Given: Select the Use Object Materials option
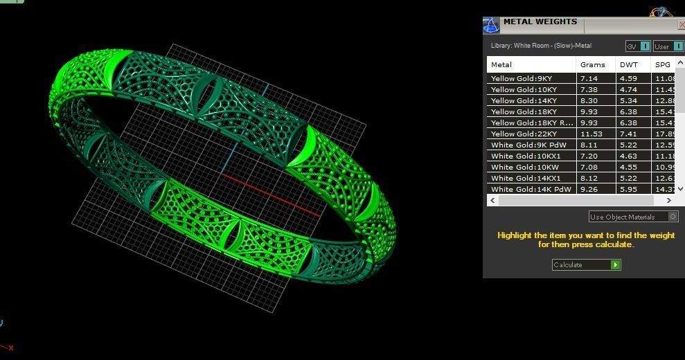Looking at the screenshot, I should [632, 217].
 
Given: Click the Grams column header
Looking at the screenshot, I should [593, 64].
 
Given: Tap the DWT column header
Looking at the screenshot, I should [629, 64].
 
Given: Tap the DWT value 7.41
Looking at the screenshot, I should [629, 134].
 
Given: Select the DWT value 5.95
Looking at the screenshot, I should [629, 189].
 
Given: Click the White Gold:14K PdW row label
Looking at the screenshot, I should [531, 189].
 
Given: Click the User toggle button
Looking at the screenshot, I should [668, 46].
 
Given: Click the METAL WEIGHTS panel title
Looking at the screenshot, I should [540, 21].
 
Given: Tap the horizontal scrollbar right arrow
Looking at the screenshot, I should [668, 200].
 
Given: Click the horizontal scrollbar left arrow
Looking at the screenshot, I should [493, 200].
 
